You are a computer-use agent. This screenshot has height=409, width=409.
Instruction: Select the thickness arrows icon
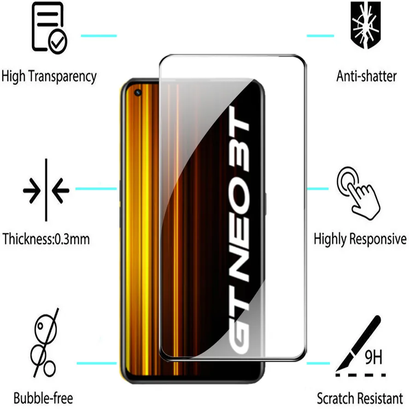tap(46, 189)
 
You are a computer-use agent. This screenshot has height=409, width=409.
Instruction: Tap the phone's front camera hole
tap(138, 93)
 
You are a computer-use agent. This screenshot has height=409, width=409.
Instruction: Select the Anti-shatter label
tap(366, 76)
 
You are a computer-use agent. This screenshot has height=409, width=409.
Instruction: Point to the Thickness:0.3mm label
tap(46, 239)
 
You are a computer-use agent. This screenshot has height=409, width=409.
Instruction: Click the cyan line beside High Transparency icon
tap(99, 35)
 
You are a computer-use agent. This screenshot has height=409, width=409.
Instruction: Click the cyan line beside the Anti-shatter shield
tap(320, 35)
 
